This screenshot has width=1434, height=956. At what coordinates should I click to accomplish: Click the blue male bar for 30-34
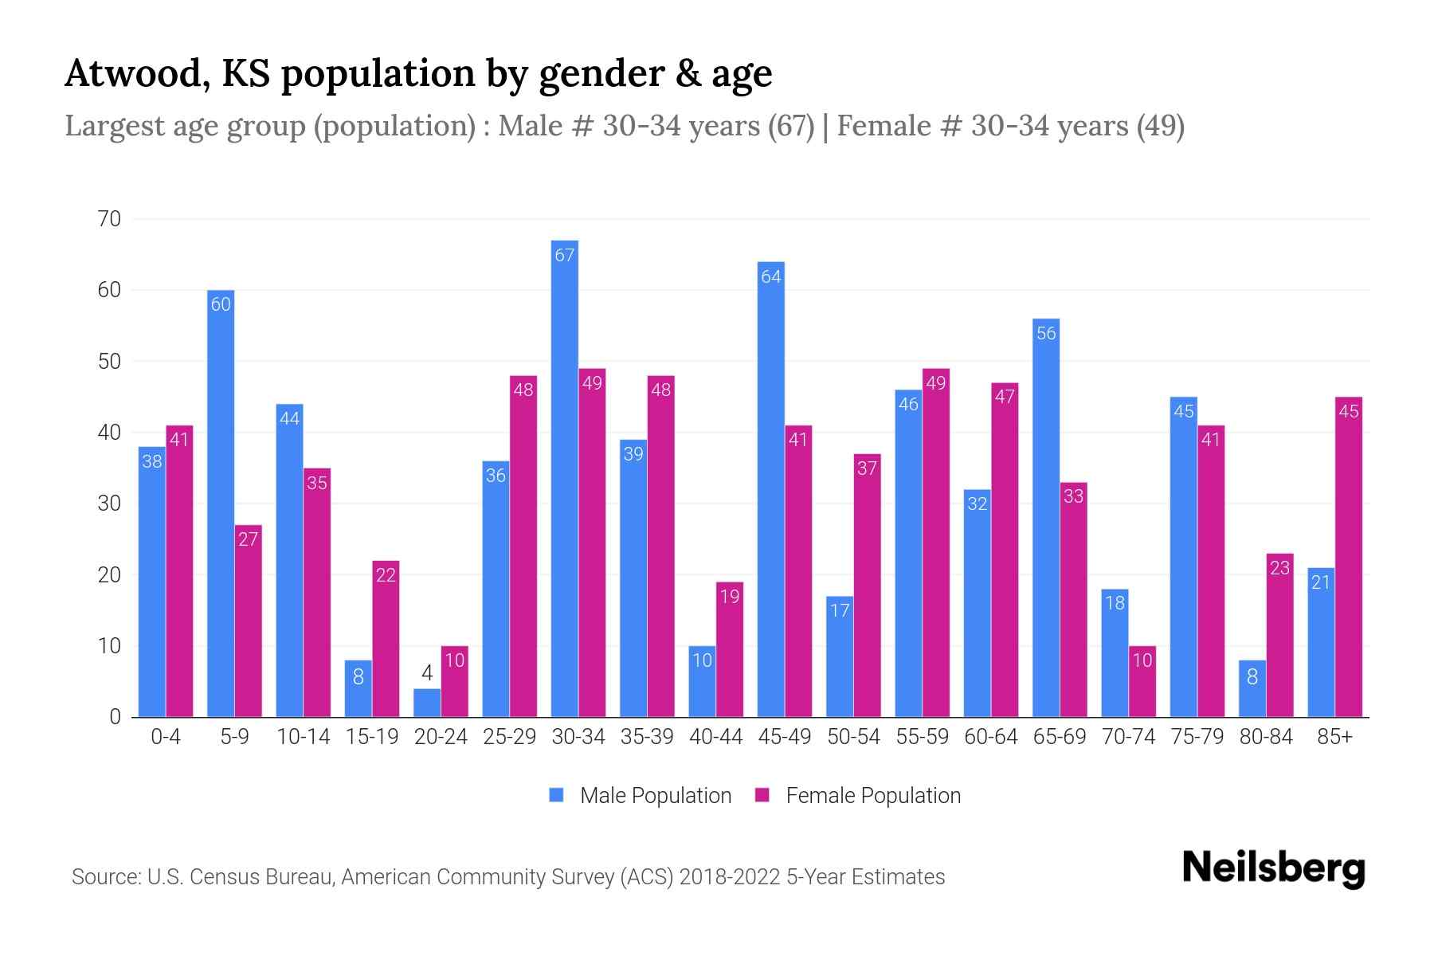coord(565,478)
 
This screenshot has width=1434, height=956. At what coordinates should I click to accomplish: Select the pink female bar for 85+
coord(1349,557)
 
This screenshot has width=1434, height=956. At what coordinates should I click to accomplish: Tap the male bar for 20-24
coord(427,703)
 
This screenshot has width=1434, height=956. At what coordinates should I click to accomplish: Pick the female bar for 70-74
coord(1142,681)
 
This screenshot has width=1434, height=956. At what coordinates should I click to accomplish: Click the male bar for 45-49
coord(771,489)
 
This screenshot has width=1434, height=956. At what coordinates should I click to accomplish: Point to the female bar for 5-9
coord(249,621)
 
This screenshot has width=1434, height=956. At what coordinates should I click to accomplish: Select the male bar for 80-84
coord(1252,688)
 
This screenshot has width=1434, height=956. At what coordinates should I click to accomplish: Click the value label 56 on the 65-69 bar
coord(1046,334)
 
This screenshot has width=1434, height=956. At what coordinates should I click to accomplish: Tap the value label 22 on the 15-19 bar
coord(386,575)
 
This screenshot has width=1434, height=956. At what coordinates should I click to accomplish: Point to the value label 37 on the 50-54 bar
coord(867,468)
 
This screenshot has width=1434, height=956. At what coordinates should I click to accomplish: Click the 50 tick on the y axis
coord(109,362)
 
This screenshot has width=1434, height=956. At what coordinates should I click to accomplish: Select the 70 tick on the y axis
coord(109,219)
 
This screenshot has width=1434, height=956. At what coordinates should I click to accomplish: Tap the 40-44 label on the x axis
coord(715,737)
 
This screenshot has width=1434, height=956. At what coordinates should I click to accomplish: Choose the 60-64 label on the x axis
coord(990,737)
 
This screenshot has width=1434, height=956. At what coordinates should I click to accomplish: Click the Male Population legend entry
coord(641,795)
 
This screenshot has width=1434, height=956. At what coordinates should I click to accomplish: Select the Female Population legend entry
coord(858,795)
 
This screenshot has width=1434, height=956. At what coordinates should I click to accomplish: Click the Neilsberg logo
coord(1273,868)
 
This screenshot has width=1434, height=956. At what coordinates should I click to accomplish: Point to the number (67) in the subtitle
coord(790,126)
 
